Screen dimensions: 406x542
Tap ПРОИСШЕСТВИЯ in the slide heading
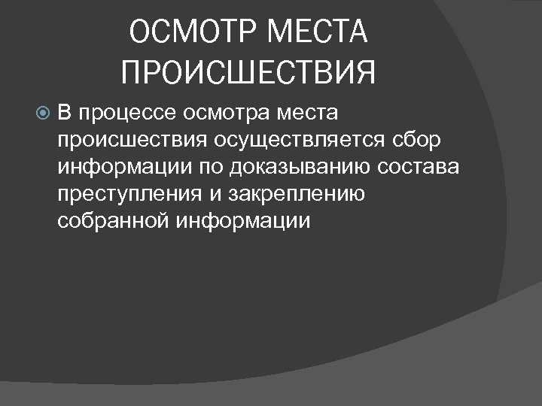tap(248, 74)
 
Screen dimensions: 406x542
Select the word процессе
tap(126, 114)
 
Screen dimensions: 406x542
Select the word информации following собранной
tap(245, 220)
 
